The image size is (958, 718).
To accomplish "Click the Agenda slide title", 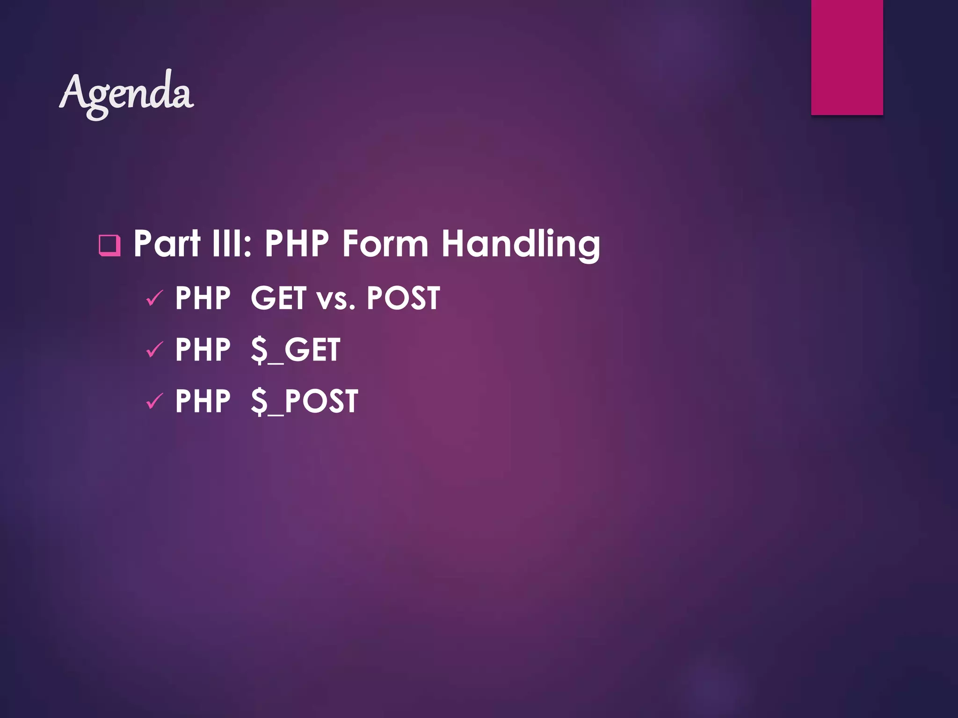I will pyautogui.click(x=126, y=93).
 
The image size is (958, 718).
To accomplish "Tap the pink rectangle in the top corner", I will pyautogui.click(x=847, y=57).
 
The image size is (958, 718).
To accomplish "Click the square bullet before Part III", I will pyautogui.click(x=109, y=245).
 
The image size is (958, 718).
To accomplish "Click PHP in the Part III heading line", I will pyautogui.click(x=297, y=244).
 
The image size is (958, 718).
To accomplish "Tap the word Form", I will pyautogui.click(x=385, y=244).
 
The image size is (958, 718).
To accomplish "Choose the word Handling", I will pyautogui.click(x=520, y=244).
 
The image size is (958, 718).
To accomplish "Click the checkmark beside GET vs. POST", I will pyautogui.click(x=154, y=298).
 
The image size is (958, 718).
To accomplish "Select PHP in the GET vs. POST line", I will pyautogui.click(x=203, y=298).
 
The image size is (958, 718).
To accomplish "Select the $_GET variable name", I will pyautogui.click(x=295, y=351).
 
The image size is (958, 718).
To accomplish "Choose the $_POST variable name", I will pyautogui.click(x=304, y=402).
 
